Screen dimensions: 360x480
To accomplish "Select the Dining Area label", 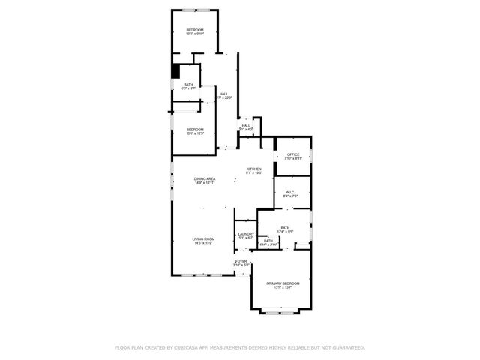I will click(x=205, y=178).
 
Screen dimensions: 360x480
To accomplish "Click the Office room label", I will click(x=293, y=154).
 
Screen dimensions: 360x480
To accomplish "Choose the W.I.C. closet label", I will click(x=291, y=192).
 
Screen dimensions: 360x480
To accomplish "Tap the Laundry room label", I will click(x=246, y=234).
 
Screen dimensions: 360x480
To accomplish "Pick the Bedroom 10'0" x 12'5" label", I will click(x=195, y=130).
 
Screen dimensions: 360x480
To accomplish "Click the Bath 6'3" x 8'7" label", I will click(x=188, y=85).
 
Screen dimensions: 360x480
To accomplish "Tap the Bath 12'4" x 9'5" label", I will click(x=285, y=227).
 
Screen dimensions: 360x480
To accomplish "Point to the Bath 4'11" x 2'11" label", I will click(x=268, y=241).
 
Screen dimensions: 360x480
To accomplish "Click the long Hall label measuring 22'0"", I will click(x=223, y=94).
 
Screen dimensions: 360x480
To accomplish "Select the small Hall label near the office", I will click(x=246, y=126).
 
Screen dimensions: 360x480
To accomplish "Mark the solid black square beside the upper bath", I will click(x=176, y=70).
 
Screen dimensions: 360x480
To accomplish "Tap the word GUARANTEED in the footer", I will click(x=345, y=347).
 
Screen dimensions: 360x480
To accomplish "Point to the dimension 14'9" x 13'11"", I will click(x=205, y=183).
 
